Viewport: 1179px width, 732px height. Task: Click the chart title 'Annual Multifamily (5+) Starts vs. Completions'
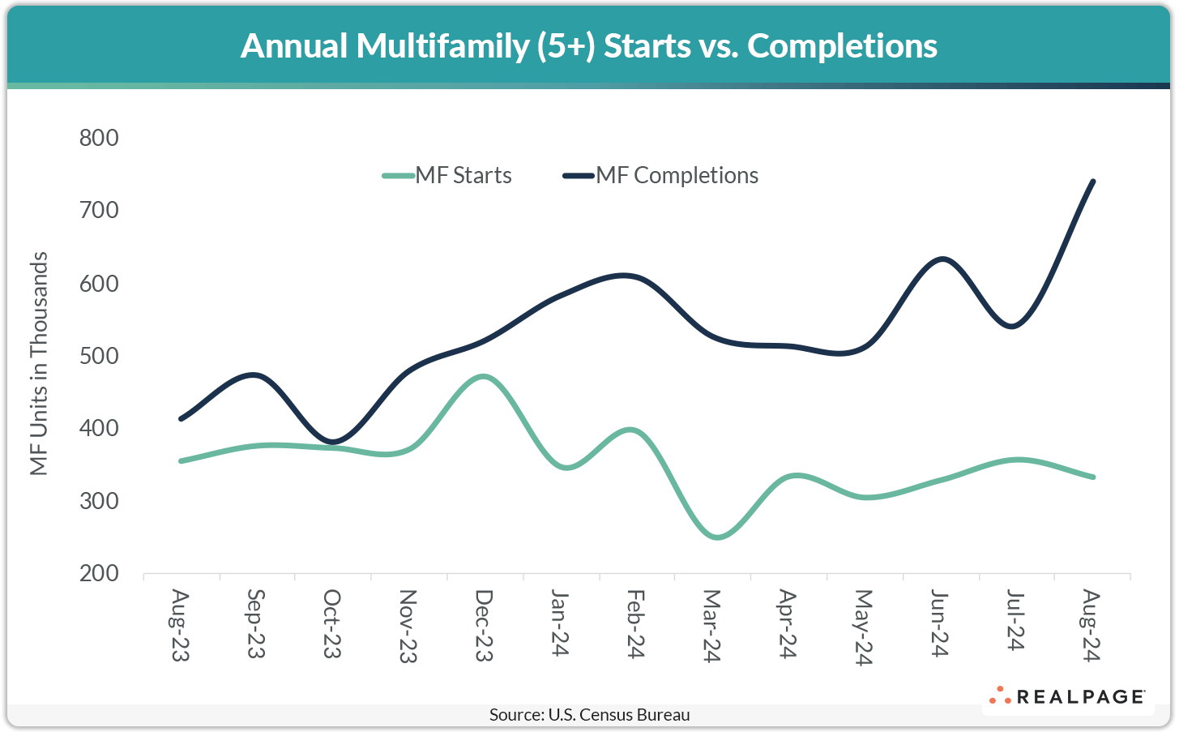tap(589, 45)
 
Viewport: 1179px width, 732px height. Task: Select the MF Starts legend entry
tap(447, 175)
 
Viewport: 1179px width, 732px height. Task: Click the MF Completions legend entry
tap(660, 175)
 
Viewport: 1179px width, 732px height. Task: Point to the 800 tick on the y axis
tap(99, 138)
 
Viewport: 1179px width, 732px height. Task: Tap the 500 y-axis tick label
tap(99, 356)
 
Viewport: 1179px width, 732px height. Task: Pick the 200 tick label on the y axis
tap(99, 573)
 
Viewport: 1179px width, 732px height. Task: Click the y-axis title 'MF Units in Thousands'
tap(39, 363)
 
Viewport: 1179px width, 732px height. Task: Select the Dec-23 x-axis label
tap(484, 625)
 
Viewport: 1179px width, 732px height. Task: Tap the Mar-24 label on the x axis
tap(711, 626)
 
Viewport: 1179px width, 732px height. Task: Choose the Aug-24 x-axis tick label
tap(1091, 626)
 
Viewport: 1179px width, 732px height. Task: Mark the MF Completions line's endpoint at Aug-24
tap(1093, 181)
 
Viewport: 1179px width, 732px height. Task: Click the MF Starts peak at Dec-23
tap(484, 376)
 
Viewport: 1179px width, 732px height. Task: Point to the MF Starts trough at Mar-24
tap(716, 537)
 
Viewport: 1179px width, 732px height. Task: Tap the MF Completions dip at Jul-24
tap(1015, 326)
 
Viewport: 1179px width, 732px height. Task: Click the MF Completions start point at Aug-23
tap(181, 418)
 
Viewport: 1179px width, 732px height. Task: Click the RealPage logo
tap(1067, 696)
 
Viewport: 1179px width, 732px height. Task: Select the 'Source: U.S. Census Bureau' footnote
tap(589, 715)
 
